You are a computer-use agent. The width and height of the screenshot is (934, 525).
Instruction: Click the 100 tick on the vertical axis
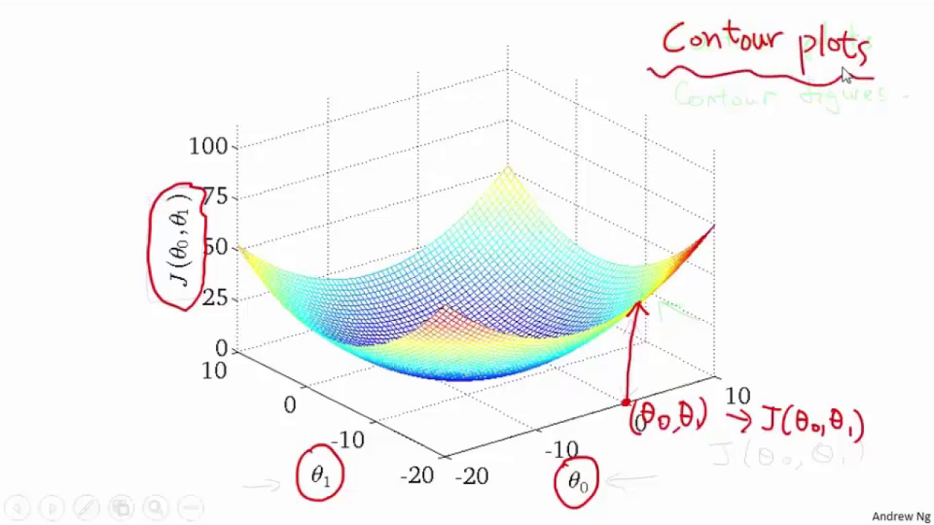pyautogui.click(x=209, y=147)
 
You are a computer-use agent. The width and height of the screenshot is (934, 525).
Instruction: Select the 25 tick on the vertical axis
pyautogui.click(x=216, y=298)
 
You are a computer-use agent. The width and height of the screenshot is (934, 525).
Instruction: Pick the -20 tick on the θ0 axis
pyautogui.click(x=472, y=477)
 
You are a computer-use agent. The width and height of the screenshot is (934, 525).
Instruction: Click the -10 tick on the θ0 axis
pyautogui.click(x=561, y=450)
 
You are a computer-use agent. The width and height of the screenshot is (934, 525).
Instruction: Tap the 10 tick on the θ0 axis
pyautogui.click(x=737, y=396)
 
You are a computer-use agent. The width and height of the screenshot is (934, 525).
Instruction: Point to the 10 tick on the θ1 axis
pyautogui.click(x=214, y=370)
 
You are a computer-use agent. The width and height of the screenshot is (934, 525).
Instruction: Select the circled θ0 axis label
pyautogui.click(x=576, y=481)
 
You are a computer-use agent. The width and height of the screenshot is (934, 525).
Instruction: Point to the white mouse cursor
pyautogui.click(x=846, y=76)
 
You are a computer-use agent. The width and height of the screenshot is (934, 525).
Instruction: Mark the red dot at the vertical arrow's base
pyautogui.click(x=625, y=402)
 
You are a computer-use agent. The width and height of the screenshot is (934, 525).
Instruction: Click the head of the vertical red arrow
pyautogui.click(x=639, y=306)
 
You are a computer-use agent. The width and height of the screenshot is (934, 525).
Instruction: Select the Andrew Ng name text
pyautogui.click(x=901, y=516)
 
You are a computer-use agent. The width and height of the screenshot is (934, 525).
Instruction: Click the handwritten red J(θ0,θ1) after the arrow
pyautogui.click(x=812, y=423)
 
